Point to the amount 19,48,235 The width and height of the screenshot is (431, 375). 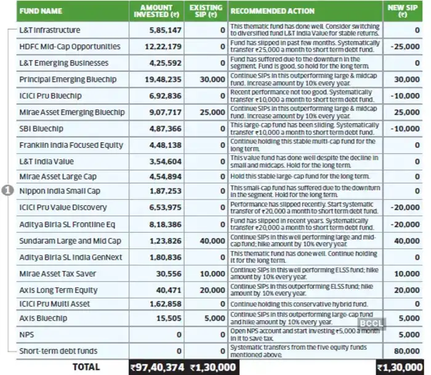click(x=161, y=79)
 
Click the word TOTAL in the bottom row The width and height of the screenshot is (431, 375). click(x=86, y=367)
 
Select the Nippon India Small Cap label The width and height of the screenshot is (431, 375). click(x=60, y=192)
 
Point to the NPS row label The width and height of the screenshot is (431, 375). click(x=26, y=336)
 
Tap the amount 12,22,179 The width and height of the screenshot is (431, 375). click(x=161, y=46)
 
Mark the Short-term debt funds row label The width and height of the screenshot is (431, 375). click(x=58, y=352)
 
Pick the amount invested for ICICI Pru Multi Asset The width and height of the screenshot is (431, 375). click(x=164, y=304)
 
